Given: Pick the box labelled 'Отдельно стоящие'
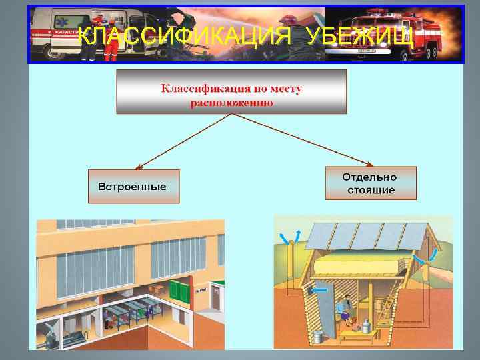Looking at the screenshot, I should click(370, 183).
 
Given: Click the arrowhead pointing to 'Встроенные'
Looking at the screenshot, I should click(141, 166).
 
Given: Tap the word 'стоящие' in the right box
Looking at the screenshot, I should click(371, 190).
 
